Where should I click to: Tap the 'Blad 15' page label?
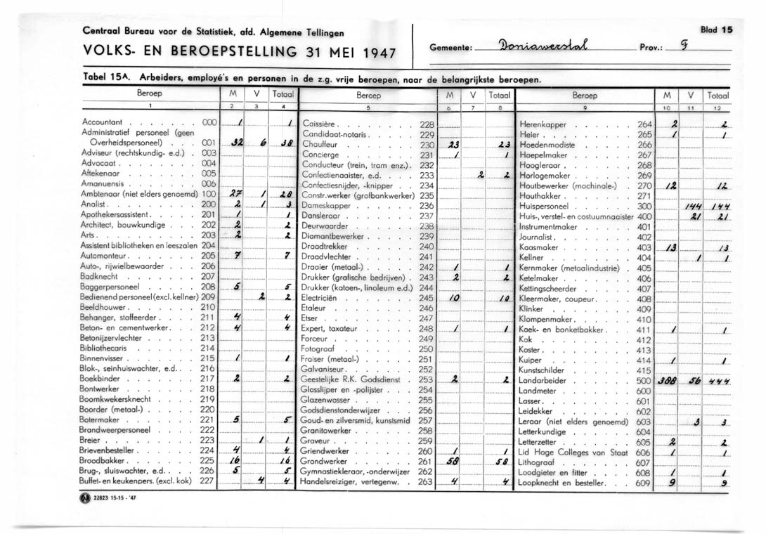[716, 30]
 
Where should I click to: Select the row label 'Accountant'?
[103, 122]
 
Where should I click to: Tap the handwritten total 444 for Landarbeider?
[719, 380]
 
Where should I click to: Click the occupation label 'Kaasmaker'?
[538, 247]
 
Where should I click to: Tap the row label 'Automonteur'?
[108, 256]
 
